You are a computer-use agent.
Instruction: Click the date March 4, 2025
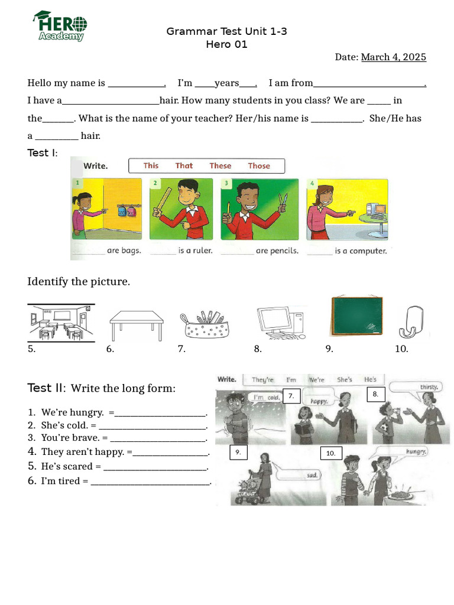(393, 57)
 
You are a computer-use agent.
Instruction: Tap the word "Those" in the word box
(259, 166)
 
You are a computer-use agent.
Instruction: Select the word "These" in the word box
(220, 166)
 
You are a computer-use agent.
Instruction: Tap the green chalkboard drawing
(356, 315)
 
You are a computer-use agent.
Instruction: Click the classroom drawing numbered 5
(61, 323)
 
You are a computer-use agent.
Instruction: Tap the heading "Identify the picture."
(79, 282)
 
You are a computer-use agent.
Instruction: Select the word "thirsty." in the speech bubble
(429, 388)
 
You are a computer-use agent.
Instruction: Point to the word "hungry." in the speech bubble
(416, 451)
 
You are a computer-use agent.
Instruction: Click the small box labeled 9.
(238, 452)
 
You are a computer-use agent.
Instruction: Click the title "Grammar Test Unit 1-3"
(226, 31)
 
